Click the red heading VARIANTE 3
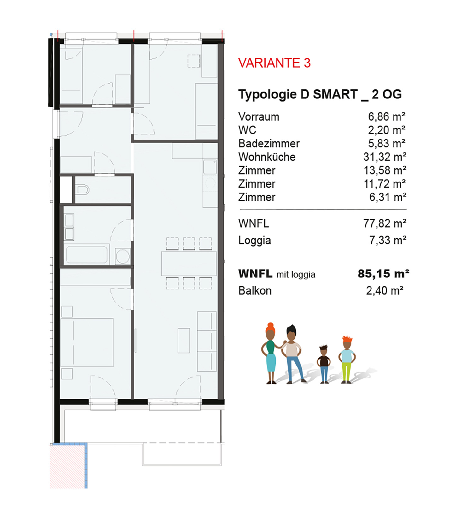(x=274, y=63)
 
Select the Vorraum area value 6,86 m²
(x=387, y=117)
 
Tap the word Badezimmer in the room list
(x=269, y=144)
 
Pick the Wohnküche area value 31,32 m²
(x=385, y=157)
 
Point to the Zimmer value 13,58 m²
(x=385, y=170)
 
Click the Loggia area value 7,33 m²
(x=388, y=240)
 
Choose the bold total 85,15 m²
(x=383, y=274)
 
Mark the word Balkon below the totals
(x=255, y=291)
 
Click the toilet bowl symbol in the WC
(x=83, y=189)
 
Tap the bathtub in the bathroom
(x=86, y=255)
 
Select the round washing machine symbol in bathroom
(x=122, y=256)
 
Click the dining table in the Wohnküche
(x=189, y=264)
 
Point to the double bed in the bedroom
(x=87, y=342)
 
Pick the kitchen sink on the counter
(x=210, y=167)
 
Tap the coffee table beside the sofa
(x=184, y=340)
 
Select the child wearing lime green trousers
(x=347, y=360)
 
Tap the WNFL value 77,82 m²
(x=385, y=223)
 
